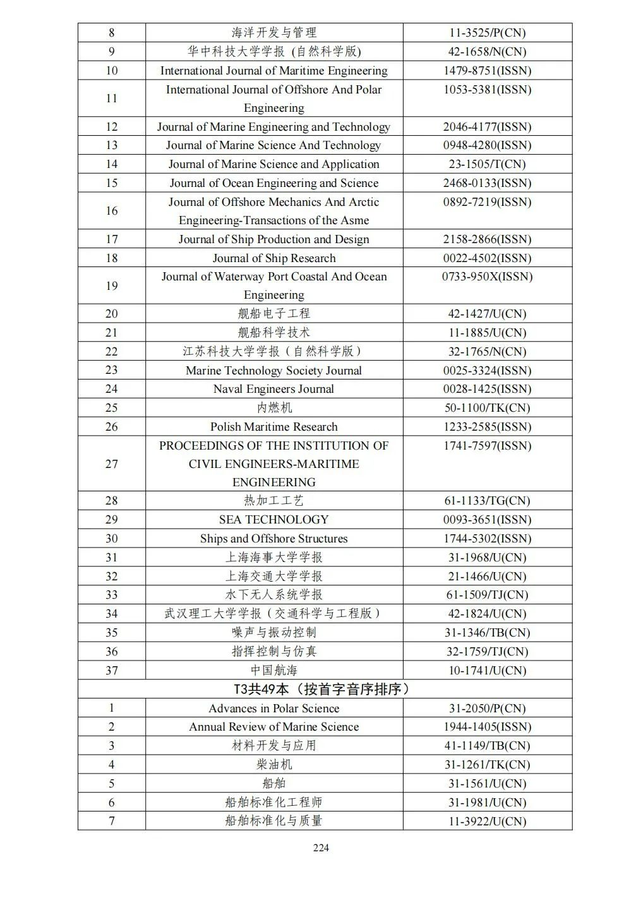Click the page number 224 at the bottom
[x=321, y=847]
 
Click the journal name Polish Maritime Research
[x=273, y=426]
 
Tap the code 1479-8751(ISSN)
[x=487, y=70]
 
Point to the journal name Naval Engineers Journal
[x=273, y=389]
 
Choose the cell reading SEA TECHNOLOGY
[x=273, y=519]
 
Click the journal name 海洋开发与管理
[x=273, y=32]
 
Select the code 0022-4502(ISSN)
[x=487, y=258]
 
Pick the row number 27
[x=112, y=464]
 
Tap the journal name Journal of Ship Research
[x=273, y=258]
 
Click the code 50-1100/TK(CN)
[x=487, y=407]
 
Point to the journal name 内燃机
[x=273, y=407]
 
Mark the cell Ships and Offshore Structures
[x=273, y=538]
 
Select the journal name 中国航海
[x=273, y=670]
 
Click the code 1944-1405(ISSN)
[x=487, y=726]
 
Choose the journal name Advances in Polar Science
[x=273, y=708]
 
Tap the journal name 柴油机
[x=273, y=764]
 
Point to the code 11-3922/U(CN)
[x=487, y=821]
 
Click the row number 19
[x=112, y=285]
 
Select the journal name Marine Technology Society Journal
[x=273, y=370]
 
